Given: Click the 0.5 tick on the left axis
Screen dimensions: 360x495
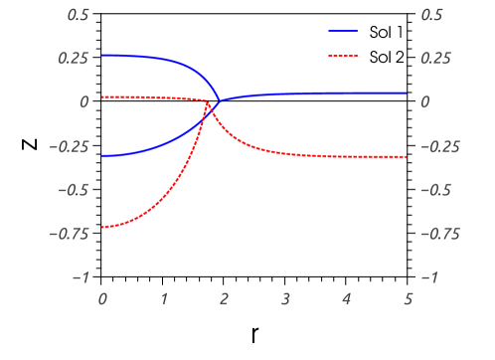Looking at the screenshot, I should click(x=78, y=15).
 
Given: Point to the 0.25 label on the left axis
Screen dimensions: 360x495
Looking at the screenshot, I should click(x=74, y=59).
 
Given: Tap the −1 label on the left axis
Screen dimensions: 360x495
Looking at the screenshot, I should click(x=81, y=277).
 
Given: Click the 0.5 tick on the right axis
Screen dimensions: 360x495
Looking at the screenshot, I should click(x=431, y=15).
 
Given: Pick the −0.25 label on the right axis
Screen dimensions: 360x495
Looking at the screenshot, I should click(x=438, y=146).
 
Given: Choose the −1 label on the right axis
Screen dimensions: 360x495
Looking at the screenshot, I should click(x=428, y=277).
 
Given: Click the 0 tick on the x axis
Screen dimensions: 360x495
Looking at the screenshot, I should click(x=102, y=297).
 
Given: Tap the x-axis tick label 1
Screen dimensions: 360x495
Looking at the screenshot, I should click(x=163, y=297).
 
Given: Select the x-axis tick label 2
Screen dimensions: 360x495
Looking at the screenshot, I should click(x=225, y=297).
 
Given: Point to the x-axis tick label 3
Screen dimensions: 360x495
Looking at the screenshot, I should click(x=285, y=297).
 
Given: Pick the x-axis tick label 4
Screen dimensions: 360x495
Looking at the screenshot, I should click(x=347, y=297).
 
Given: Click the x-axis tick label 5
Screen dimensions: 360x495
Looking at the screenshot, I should click(x=408, y=297).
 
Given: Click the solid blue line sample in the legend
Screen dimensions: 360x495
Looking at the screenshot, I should click(x=343, y=31).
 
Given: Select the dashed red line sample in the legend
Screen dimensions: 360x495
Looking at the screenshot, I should click(x=343, y=56).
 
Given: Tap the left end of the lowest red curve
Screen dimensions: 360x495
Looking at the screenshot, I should click(x=102, y=228).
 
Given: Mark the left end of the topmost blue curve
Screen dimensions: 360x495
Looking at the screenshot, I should click(x=102, y=55).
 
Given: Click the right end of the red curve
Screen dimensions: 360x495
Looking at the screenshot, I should click(x=408, y=157).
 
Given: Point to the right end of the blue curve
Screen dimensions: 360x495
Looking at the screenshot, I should click(x=408, y=92).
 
